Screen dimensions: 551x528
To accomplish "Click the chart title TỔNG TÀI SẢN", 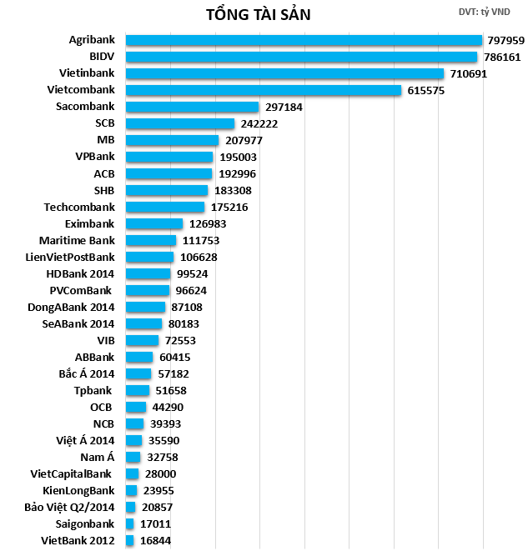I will coord(260,14).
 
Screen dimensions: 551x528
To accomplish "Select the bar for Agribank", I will coord(304,40).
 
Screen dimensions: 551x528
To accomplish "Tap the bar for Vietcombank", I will coord(264,90).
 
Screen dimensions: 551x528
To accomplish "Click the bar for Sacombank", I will coord(192,107).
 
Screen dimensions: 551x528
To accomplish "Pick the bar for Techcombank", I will coord(165,207).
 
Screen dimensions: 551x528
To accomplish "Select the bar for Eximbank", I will coord(154,223).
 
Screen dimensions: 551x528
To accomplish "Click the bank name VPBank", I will coord(95,157).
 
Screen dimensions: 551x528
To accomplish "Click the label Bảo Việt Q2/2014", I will coord(70,507).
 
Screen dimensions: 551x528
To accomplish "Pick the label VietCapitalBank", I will coord(71,473).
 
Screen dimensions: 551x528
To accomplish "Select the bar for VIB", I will coord(142,340).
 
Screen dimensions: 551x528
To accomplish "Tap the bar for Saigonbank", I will coord(130,523).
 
